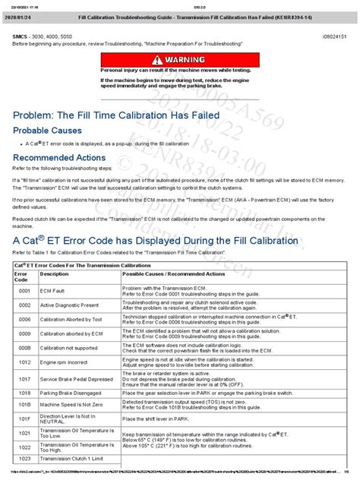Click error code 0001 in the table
point(24,291)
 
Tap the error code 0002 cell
point(24,304)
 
